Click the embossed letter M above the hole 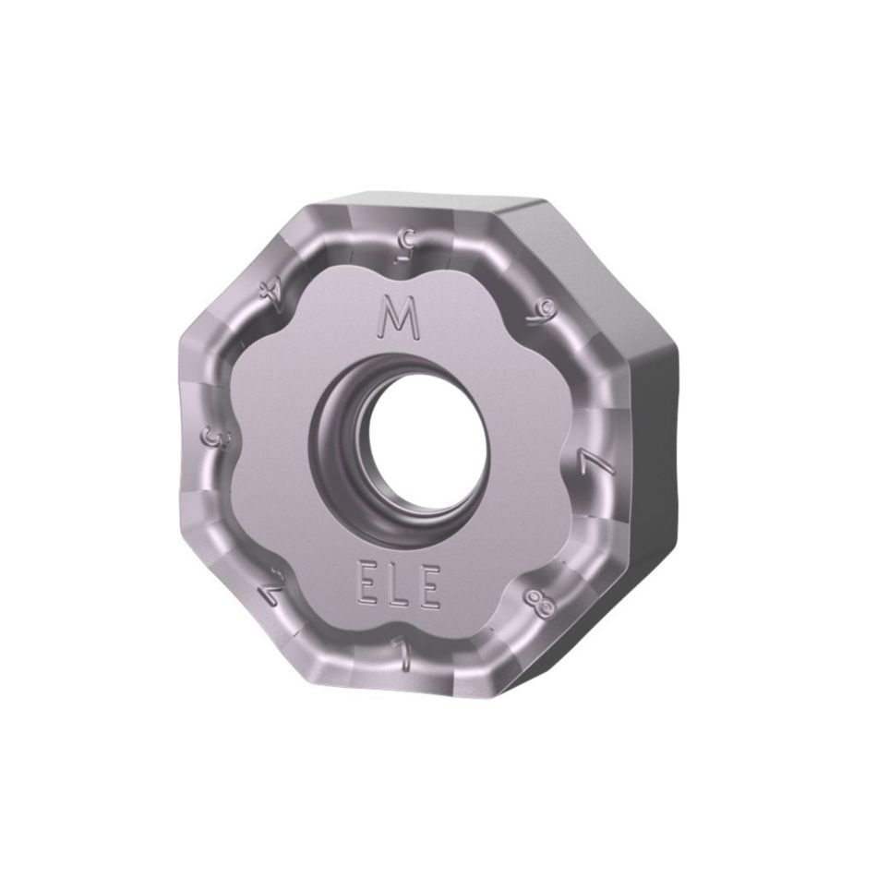point(400,319)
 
